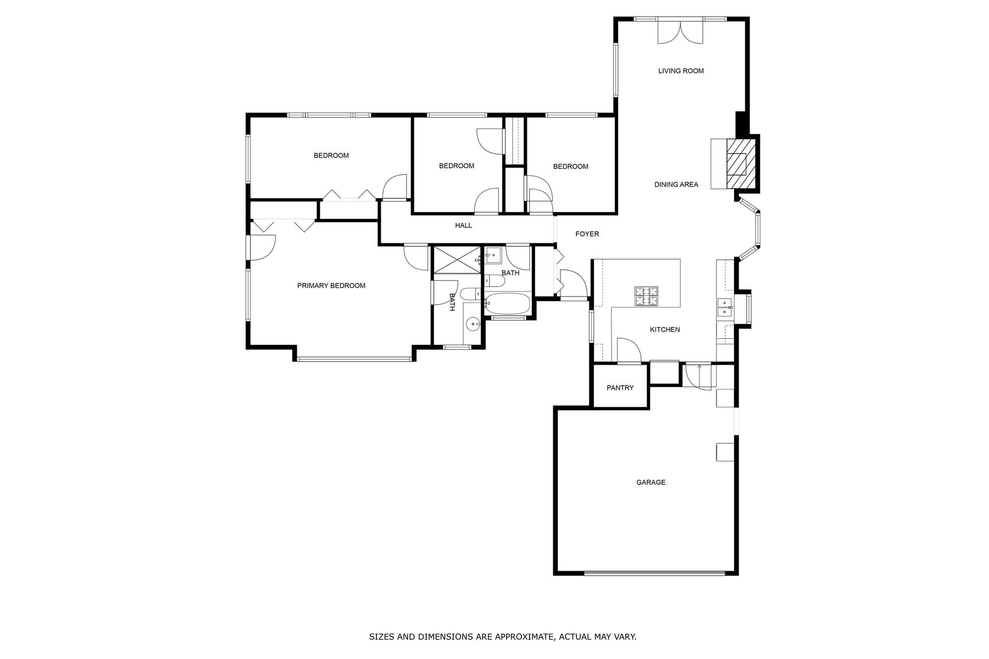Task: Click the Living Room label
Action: coord(681,71)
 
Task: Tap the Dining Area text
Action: coord(676,185)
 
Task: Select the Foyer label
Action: coord(587,234)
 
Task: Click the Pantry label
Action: coord(620,388)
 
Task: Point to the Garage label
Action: coord(651,482)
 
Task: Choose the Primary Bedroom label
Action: coord(331,286)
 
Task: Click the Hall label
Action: coord(463,225)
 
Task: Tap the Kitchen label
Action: coord(665,329)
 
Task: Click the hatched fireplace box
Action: coord(741,164)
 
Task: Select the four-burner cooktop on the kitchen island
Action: coord(647,296)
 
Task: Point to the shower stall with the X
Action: coord(456,260)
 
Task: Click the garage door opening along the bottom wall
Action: coord(654,573)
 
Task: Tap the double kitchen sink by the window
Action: coord(724,308)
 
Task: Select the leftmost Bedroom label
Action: coord(331,155)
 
